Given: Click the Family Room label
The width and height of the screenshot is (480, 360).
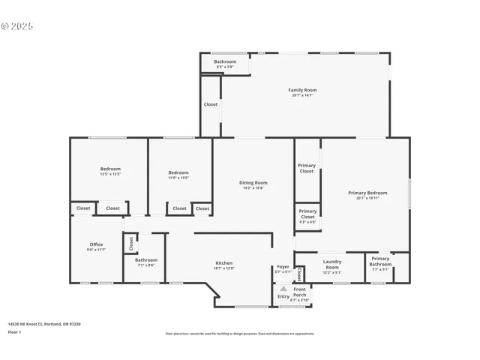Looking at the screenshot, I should point(302,90).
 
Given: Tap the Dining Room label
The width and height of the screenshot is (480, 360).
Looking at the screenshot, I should point(253,183).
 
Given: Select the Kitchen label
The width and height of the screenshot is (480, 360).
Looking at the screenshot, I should point(223,263).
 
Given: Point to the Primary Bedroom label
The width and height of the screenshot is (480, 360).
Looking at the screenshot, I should point(367,193).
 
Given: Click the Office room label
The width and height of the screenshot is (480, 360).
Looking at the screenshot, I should point(96,244).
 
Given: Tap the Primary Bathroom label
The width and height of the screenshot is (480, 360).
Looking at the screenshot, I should point(380,262).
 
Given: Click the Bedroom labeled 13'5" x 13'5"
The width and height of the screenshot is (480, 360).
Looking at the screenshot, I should point(110,169).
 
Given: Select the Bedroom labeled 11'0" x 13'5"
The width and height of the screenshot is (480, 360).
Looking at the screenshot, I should point(178,173).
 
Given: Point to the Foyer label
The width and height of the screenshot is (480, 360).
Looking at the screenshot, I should point(283,266).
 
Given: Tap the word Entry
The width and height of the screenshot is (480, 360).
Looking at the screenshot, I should point(283,296).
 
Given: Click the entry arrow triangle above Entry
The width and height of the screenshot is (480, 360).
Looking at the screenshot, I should point(283,287).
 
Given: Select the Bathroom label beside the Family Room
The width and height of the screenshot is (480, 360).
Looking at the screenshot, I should point(225,61).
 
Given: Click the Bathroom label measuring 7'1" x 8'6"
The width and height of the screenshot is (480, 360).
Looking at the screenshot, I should point(146,260).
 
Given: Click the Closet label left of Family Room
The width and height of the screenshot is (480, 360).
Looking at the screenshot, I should point(211,104).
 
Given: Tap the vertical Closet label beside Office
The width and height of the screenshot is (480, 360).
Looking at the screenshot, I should point(130,243).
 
